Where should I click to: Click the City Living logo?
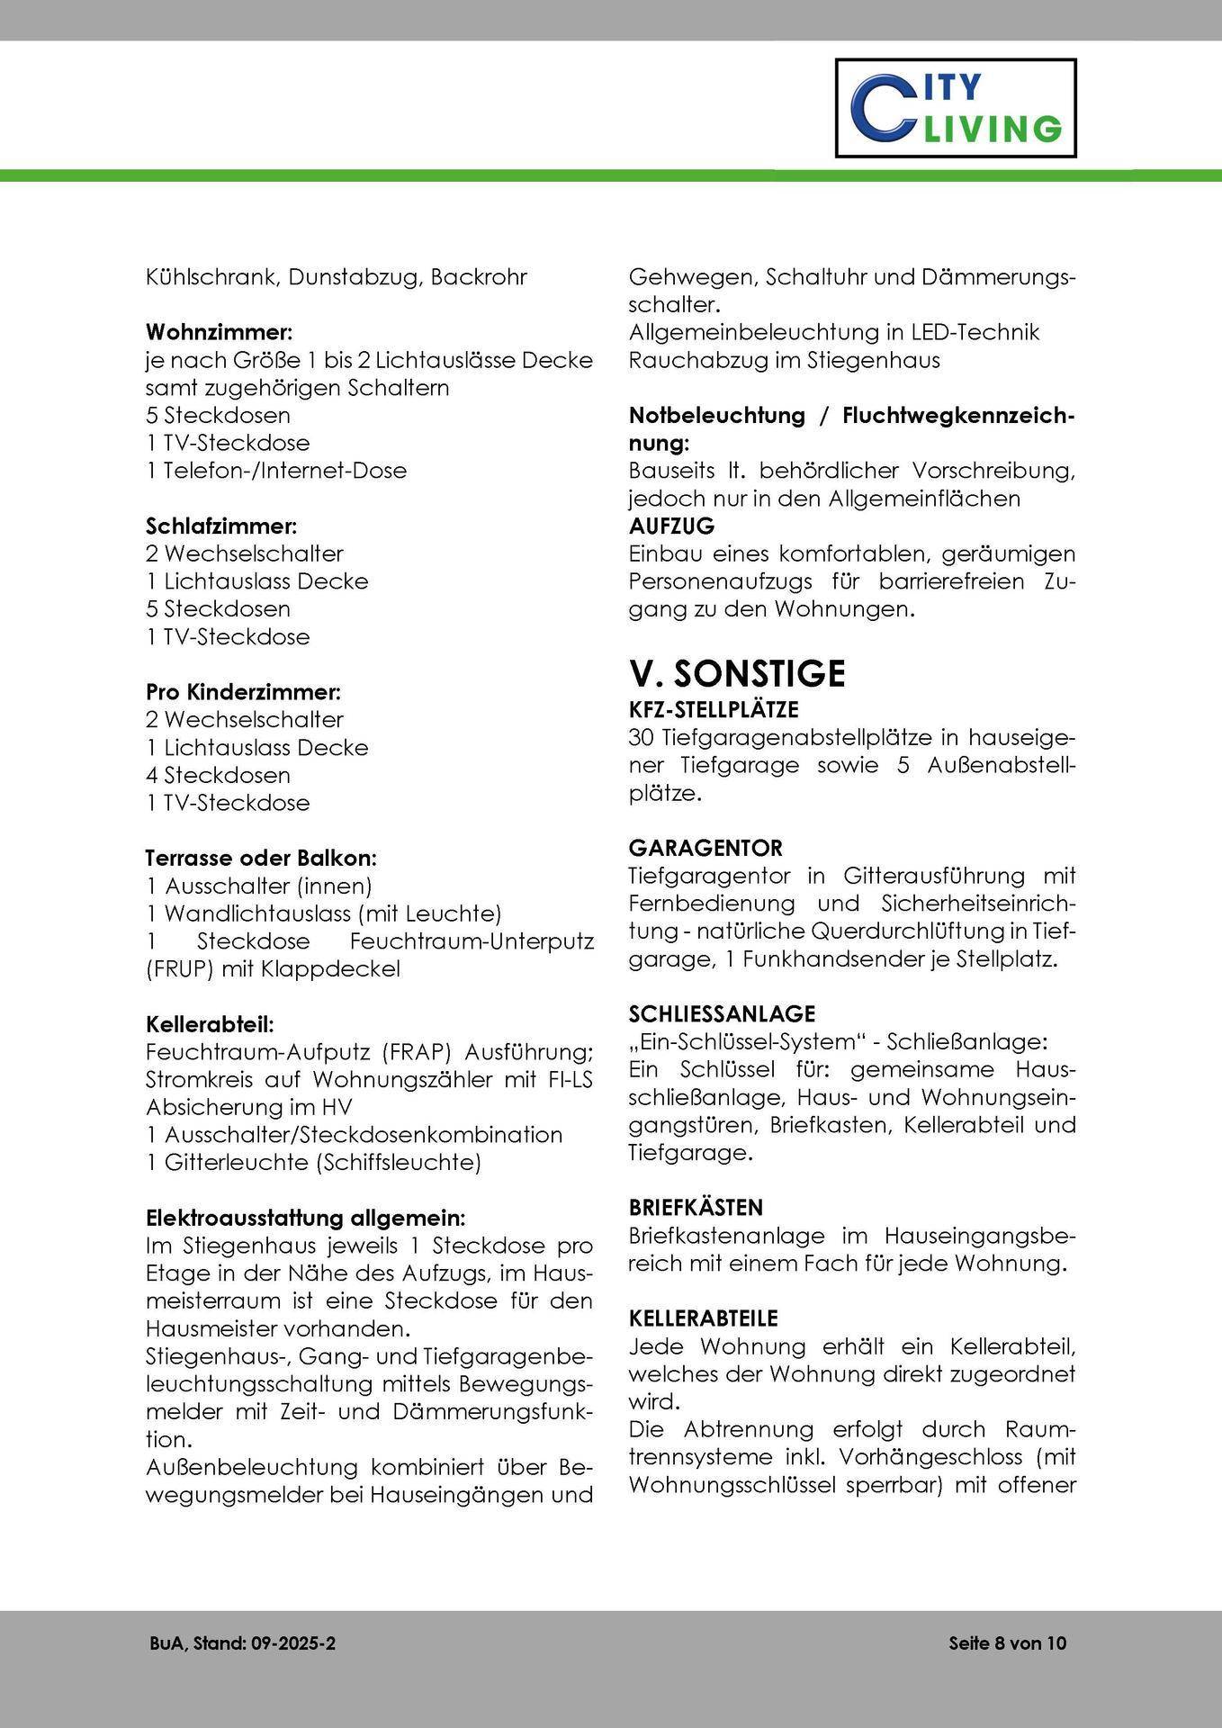click(x=956, y=108)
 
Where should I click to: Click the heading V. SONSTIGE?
click(x=737, y=673)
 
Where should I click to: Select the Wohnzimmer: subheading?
click(x=220, y=332)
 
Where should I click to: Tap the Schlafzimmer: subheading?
click(x=221, y=526)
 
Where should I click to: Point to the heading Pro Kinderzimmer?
click(x=243, y=692)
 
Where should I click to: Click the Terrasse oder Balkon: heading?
click(x=261, y=859)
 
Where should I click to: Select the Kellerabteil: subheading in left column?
click(x=210, y=1024)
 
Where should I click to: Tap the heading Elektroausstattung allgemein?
click(x=306, y=1219)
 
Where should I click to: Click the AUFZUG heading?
click(x=671, y=526)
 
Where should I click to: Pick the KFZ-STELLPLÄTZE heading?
click(x=714, y=710)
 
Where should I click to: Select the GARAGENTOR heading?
click(x=705, y=848)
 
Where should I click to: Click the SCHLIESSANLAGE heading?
click(x=722, y=1014)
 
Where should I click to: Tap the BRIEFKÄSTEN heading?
click(x=696, y=1207)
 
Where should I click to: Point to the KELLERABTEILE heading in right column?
click(x=703, y=1318)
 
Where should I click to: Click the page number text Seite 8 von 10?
click(x=1007, y=1643)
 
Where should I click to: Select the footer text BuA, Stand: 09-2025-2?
click(x=243, y=1643)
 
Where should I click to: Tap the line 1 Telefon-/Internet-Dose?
click(x=276, y=471)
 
